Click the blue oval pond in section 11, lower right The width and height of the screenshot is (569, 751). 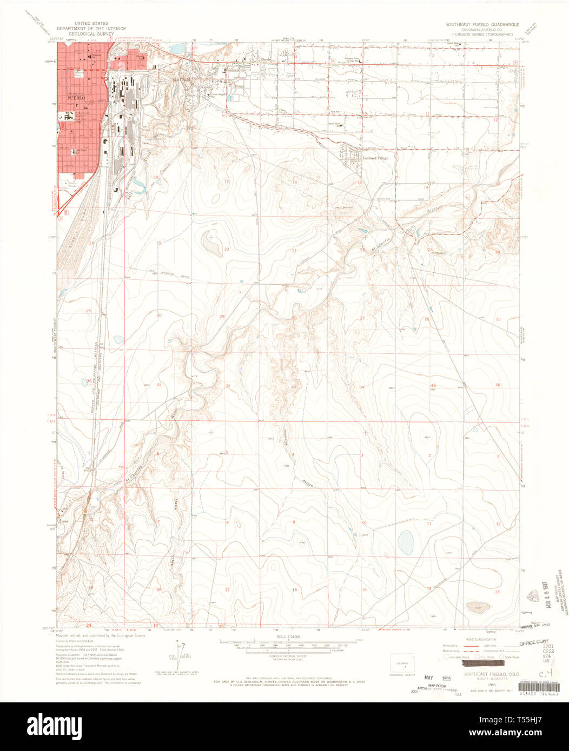click(405, 542)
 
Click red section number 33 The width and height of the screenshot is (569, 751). click(294, 386)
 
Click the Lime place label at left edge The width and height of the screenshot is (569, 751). click(66, 521)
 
